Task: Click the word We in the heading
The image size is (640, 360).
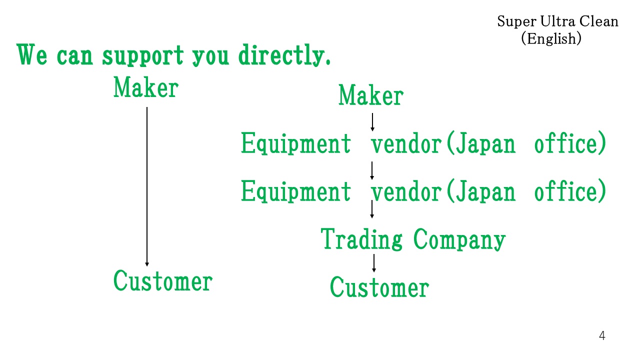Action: [x=31, y=54]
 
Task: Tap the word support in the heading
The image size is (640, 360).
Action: [x=143, y=55]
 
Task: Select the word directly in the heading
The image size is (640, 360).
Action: [x=284, y=55]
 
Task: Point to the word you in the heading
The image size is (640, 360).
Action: [x=210, y=57]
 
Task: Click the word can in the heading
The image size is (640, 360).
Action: [x=75, y=56]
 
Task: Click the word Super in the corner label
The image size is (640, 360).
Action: [x=517, y=21]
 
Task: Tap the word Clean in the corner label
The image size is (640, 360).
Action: [x=599, y=21]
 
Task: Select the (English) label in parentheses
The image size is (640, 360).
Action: [x=551, y=38]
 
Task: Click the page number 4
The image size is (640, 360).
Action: [x=602, y=335]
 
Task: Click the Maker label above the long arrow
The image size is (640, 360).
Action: [x=146, y=87]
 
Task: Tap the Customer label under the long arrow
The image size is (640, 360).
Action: [x=163, y=281]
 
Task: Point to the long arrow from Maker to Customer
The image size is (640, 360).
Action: [x=147, y=187]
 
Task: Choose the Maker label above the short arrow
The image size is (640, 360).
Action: [x=371, y=95]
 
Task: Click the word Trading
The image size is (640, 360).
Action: [x=361, y=239]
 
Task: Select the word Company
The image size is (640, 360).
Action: [x=459, y=239]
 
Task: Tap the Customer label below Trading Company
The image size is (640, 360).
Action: [x=379, y=287]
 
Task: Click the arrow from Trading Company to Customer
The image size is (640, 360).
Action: [x=373, y=263]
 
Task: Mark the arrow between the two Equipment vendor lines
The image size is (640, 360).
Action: [x=371, y=171]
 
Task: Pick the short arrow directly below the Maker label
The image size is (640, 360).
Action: [x=372, y=122]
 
